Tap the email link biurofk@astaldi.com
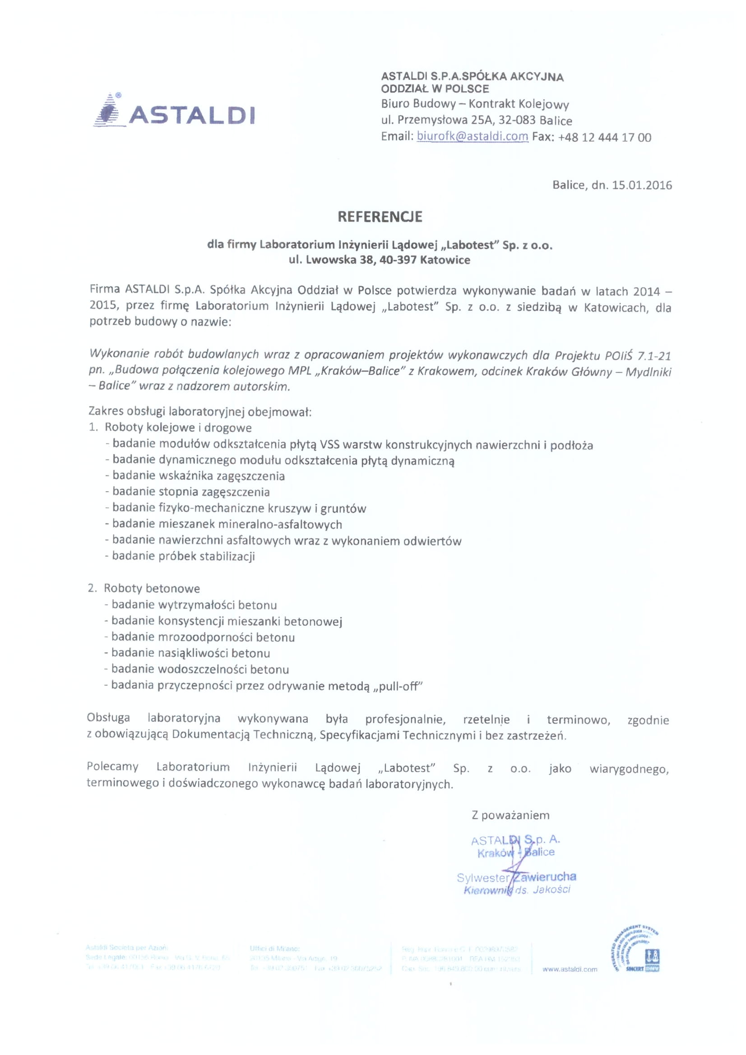472,137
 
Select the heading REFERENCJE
380,217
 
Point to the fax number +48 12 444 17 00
604,138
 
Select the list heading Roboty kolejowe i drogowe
178,427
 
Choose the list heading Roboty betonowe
152,588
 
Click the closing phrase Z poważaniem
510,815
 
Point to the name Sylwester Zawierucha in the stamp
516,877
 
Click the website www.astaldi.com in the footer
570,969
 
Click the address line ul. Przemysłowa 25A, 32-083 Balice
476,120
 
